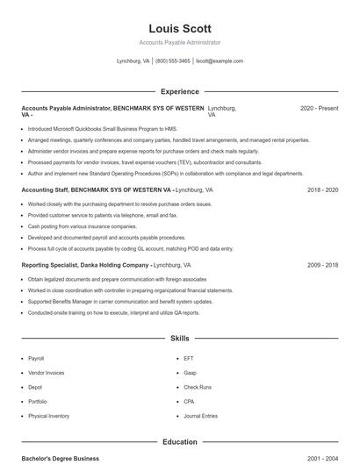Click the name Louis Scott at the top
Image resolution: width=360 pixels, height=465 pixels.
coord(180,28)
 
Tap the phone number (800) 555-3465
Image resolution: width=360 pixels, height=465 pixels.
coord(172,61)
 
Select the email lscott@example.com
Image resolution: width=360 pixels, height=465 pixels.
coord(220,61)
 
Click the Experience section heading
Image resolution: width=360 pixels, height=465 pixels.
coord(180,91)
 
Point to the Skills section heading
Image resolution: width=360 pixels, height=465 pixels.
coord(180,338)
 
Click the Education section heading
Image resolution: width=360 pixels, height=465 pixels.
coord(180,442)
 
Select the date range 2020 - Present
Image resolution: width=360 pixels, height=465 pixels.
coord(319,108)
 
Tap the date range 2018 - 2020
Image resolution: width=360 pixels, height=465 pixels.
coord(322,190)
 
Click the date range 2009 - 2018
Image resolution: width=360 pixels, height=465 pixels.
coord(322,264)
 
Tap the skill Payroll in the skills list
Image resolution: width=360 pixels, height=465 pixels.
coord(36,359)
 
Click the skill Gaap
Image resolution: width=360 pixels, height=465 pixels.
coord(191,373)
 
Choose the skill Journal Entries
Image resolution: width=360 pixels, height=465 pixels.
coord(201,416)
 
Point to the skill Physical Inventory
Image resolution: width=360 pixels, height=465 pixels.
coord(49,416)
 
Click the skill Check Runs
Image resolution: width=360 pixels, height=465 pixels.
coord(198,387)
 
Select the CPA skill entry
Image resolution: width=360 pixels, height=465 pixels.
coord(190,402)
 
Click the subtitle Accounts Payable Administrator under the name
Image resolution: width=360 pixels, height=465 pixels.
coord(180,42)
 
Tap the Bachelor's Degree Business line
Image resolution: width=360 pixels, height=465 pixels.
coord(60,459)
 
